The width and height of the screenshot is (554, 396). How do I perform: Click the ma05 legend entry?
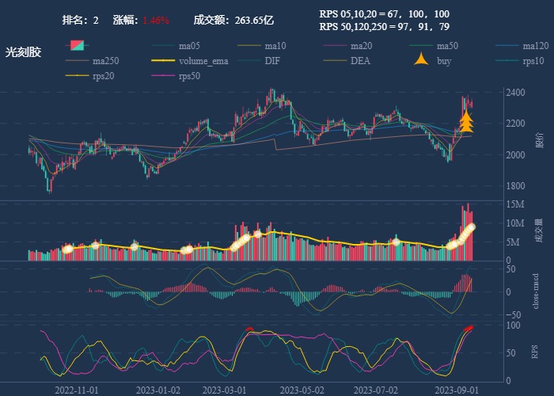(x=189, y=46)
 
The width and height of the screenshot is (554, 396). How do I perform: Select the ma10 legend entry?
(x=275, y=46)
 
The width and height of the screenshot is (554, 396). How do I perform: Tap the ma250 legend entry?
(x=105, y=61)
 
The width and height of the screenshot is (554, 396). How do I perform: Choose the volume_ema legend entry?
(x=203, y=61)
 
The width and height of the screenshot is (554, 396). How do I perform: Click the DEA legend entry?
(x=360, y=61)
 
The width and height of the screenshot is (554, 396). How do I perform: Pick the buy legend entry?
(x=444, y=61)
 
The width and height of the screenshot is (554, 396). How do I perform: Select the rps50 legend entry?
(x=189, y=76)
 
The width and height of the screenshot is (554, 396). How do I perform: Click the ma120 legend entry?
(x=536, y=46)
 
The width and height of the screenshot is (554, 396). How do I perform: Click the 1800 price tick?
(x=515, y=186)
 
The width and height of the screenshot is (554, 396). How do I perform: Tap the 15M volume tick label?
(x=514, y=204)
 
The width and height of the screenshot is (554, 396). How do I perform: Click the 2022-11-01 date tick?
(x=77, y=390)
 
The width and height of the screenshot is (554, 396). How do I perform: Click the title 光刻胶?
(x=23, y=51)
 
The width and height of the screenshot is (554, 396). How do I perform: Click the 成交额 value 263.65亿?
(x=255, y=20)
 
